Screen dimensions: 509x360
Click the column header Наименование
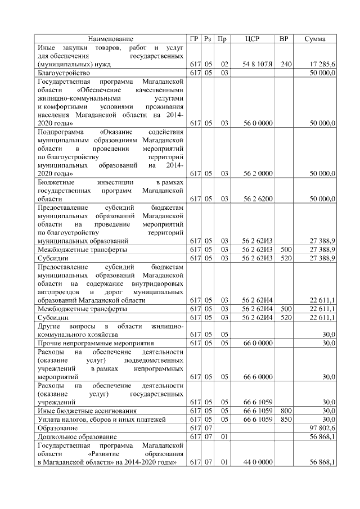111,39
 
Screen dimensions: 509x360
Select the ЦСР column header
253,39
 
